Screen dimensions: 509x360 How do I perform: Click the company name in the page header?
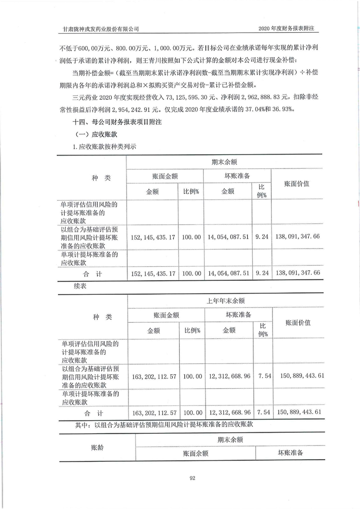(100, 28)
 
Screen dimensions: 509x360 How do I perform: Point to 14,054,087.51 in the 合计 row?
(228, 273)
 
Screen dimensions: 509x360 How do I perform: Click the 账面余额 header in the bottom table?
(196, 453)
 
